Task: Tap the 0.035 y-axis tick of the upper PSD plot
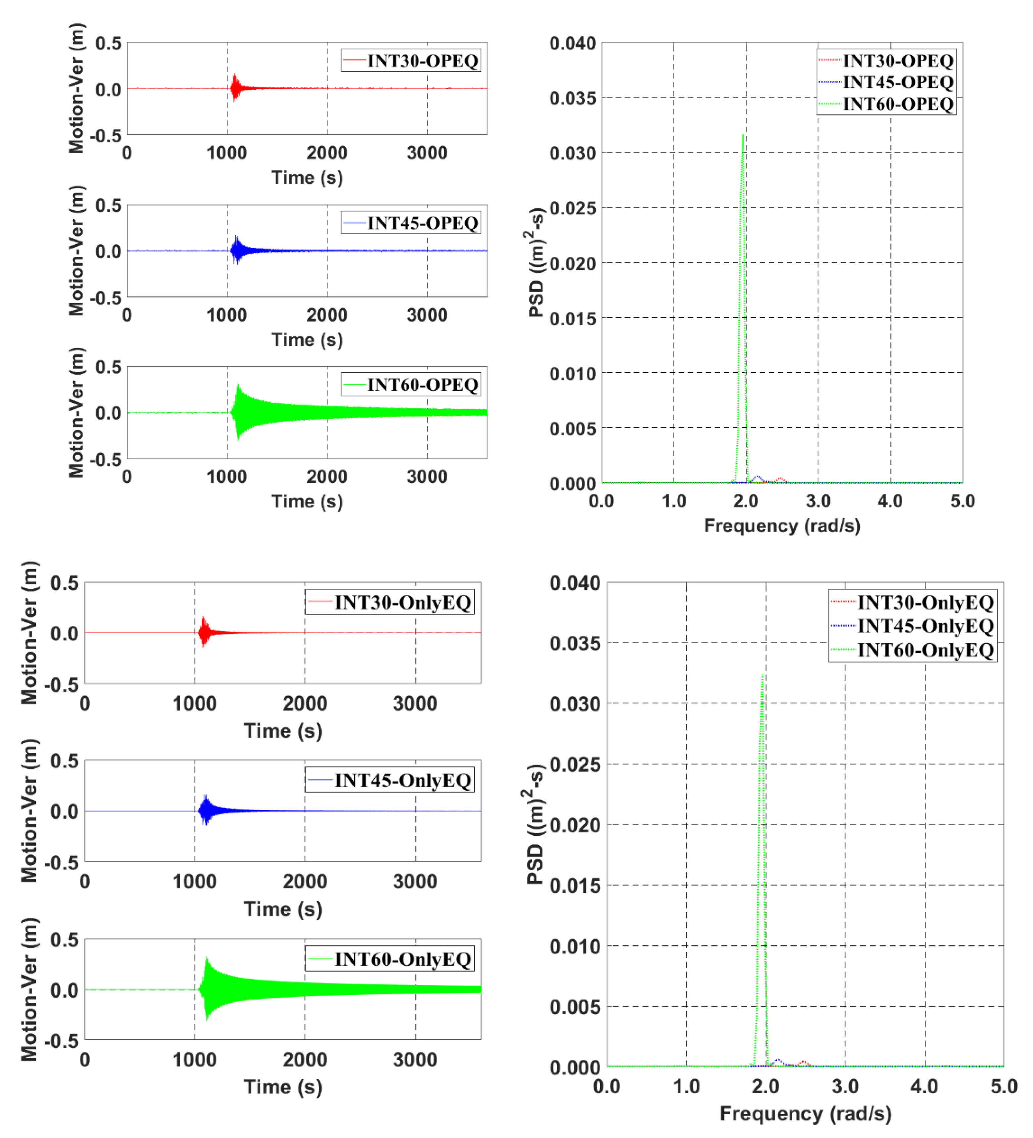pyautogui.click(x=572, y=98)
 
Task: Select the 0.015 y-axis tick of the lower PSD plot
pyautogui.click(x=574, y=886)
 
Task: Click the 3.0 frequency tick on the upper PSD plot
pyautogui.click(x=818, y=501)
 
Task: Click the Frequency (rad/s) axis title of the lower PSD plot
pyautogui.click(x=805, y=1114)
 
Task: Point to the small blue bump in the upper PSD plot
pyautogui.click(x=757, y=478)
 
